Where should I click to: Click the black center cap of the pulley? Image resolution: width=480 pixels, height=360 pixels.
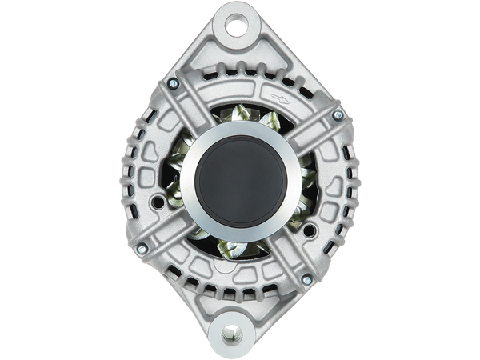tap(241, 178)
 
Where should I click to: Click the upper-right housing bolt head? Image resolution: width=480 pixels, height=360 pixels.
tap(338, 116)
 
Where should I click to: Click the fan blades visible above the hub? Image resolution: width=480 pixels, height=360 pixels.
tap(240, 120)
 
